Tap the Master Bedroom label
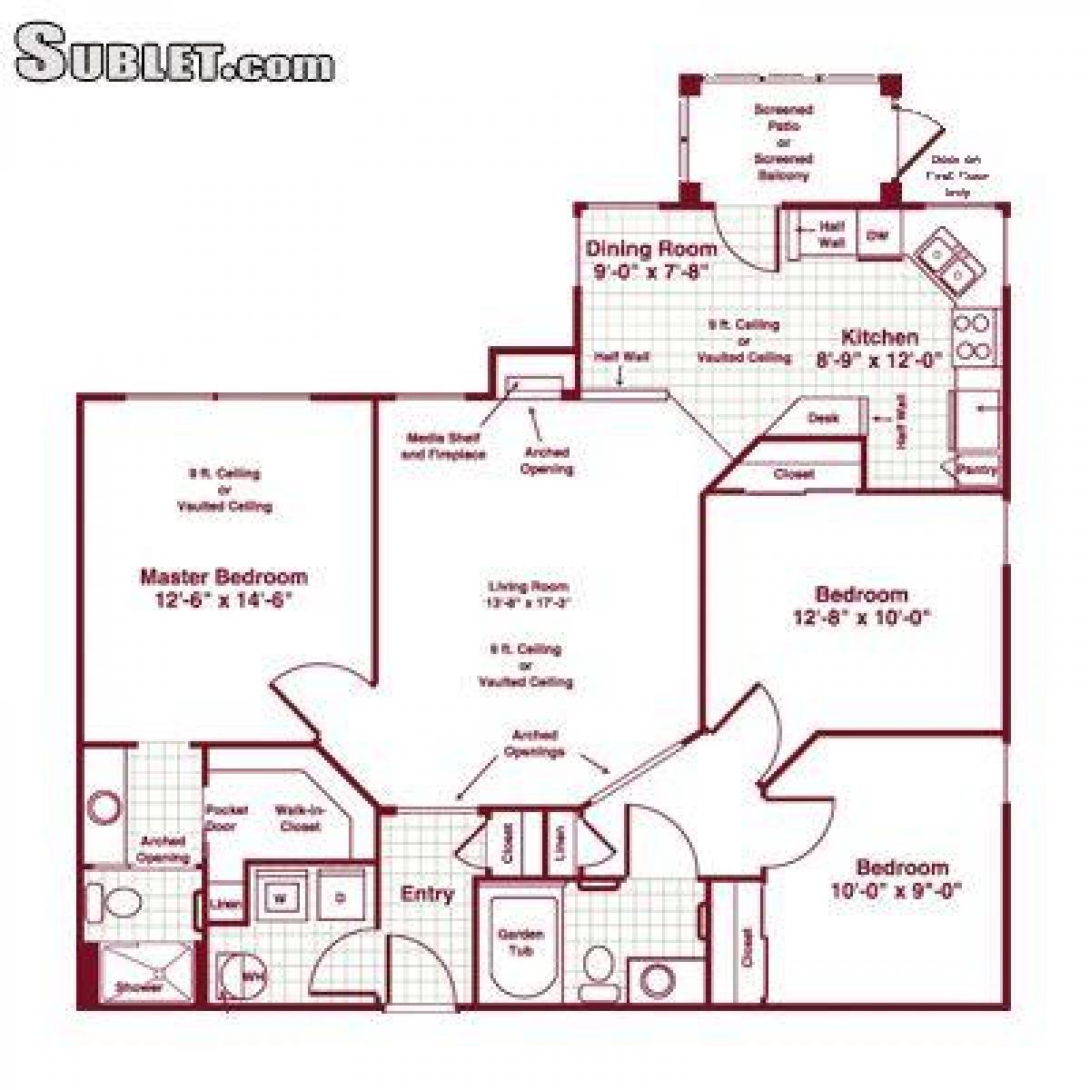pyautogui.click(x=223, y=577)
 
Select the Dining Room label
pyautogui.click(x=650, y=248)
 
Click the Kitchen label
pyautogui.click(x=878, y=337)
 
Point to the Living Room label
pyautogui.click(x=528, y=587)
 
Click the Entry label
pyautogui.click(x=427, y=894)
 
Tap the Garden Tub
pyautogui.click(x=521, y=942)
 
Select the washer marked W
pyautogui.click(x=281, y=898)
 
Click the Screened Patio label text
pyautogui.click(x=783, y=142)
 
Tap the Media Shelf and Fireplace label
pyautogui.click(x=444, y=446)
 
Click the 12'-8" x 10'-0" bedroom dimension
pyautogui.click(x=861, y=618)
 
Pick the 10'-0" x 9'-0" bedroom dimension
pyautogui.click(x=896, y=891)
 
